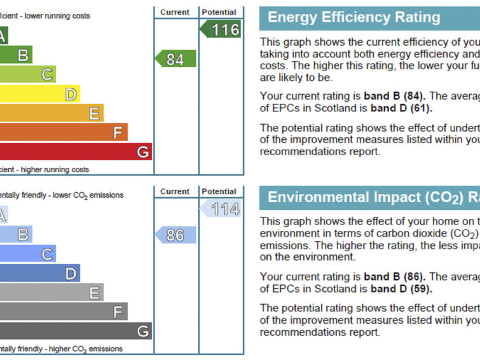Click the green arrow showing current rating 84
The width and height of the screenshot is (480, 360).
pyautogui.click(x=175, y=59)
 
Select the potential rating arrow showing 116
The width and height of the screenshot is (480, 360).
pyautogui.click(x=221, y=29)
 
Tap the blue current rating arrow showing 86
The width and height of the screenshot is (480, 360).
pyautogui.click(x=175, y=235)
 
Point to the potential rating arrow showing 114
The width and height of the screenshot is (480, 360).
pyautogui.click(x=221, y=209)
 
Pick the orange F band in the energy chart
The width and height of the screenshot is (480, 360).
pyautogui.click(x=64, y=132)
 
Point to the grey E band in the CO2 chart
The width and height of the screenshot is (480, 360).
pyautogui.click(x=51, y=293)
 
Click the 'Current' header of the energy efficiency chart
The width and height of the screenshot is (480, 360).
pyautogui.click(x=175, y=12)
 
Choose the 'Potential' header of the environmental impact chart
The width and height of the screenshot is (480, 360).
pyautogui.click(x=219, y=191)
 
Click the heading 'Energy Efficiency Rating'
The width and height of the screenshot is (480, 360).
pyautogui.click(x=353, y=17)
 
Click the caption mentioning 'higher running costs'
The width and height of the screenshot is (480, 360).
pyautogui.click(x=45, y=170)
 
